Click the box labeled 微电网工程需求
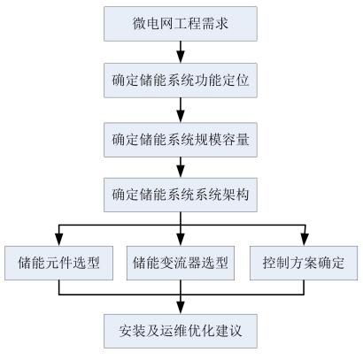tap(181, 24)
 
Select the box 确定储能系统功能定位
tap(181, 80)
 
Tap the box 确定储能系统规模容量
tap(181, 140)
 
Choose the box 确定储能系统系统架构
tap(181, 195)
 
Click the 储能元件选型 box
tap(58, 263)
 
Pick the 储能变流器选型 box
tap(181, 263)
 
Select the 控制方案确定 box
tap(304, 263)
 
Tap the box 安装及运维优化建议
tap(181, 331)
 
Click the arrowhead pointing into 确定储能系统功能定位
tap(181, 57)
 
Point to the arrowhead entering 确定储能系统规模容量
tap(181, 117)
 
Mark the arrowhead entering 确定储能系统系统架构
tap(181, 172)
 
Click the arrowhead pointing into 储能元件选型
tap(59, 240)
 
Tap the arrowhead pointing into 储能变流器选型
tap(181, 240)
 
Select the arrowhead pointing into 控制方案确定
tap(305, 240)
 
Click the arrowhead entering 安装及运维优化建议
tap(181, 308)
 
